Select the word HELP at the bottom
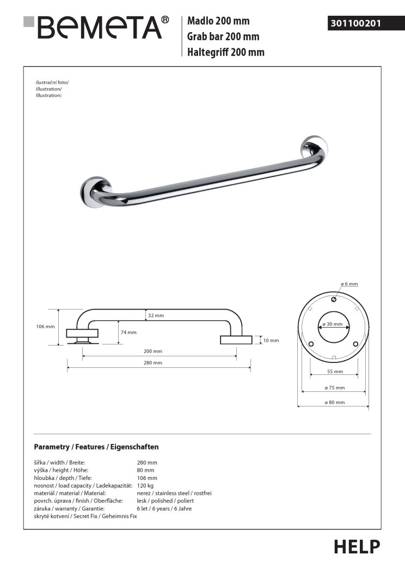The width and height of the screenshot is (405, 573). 357,546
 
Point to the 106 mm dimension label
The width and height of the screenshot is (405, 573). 45,326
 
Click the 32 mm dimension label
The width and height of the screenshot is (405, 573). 156,316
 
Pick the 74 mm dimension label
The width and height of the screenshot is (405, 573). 129,332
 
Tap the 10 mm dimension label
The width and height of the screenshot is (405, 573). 271,341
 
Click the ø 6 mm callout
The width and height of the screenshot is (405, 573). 349,285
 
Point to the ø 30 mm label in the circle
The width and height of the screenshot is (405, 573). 332,324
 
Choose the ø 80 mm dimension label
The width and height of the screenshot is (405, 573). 334,402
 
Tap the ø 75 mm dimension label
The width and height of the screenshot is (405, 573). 334,387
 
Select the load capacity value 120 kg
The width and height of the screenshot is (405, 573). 145,485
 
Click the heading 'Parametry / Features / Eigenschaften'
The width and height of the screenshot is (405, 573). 96,447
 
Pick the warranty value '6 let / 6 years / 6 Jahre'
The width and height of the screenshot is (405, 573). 164,508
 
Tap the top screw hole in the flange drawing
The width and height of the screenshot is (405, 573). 333,299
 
